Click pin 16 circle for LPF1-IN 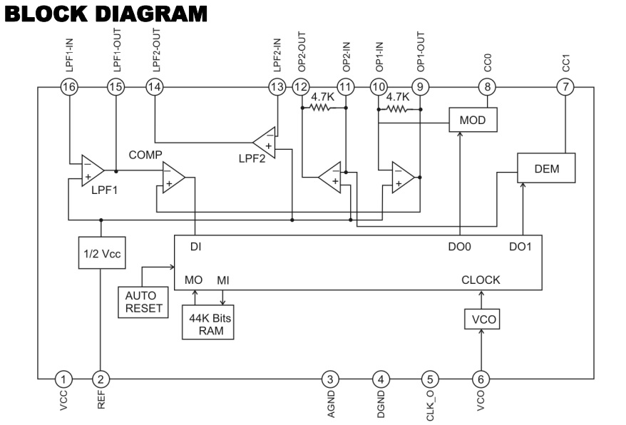tap(69, 87)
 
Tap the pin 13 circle tap(277, 87)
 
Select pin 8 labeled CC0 tap(487, 87)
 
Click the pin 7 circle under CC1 tap(565, 87)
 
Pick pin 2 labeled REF tap(101, 379)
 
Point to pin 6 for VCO tap(481, 379)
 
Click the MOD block tap(473, 119)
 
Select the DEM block tap(546, 168)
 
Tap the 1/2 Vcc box tap(102, 253)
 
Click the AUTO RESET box tap(143, 302)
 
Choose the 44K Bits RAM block tap(208, 322)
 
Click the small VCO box tap(482, 319)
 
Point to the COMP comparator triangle tap(172, 178)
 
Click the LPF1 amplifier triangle tap(91, 170)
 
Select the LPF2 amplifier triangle tap(266, 143)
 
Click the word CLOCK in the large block tap(481, 280)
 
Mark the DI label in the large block tap(195, 247)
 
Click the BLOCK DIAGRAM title tap(106, 14)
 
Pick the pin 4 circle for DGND tap(381, 379)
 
